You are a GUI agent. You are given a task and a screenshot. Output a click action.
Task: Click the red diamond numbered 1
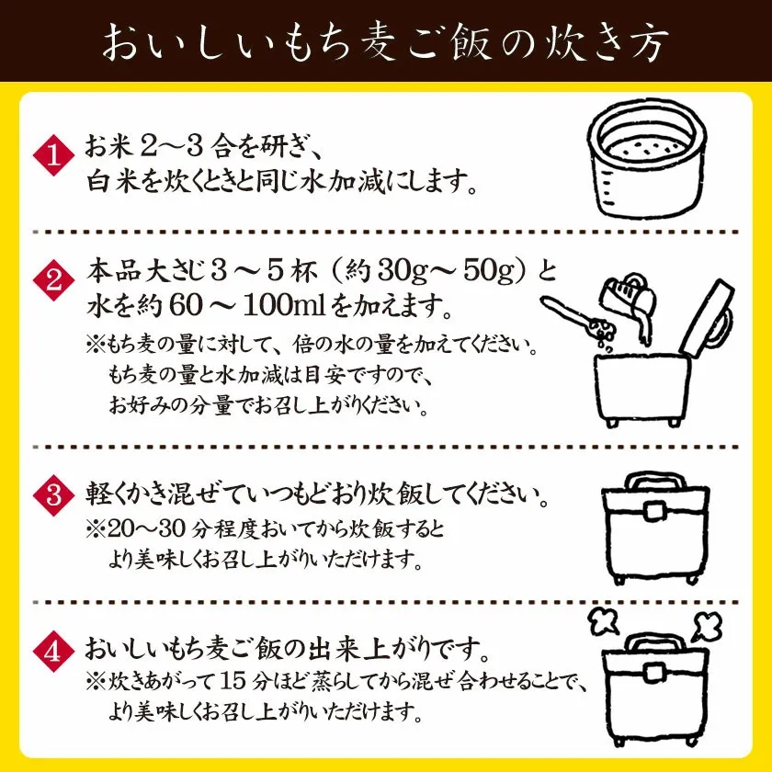[53, 154]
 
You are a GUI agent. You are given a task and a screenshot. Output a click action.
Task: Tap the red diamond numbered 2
[53, 280]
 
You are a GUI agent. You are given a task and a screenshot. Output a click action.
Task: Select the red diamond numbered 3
[53, 494]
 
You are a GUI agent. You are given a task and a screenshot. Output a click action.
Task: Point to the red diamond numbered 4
[53, 651]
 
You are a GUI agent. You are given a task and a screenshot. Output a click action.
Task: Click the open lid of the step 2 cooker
[708, 318]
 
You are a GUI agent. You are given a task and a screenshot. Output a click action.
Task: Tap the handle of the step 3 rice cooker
[654, 482]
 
